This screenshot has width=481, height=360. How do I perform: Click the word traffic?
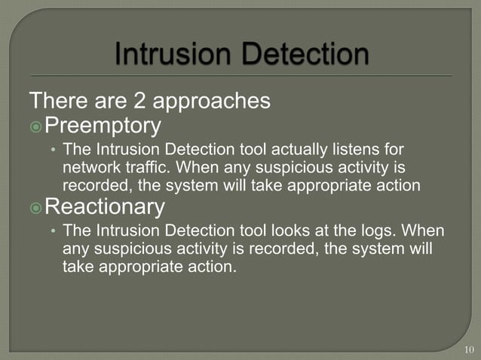pos(147,166)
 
